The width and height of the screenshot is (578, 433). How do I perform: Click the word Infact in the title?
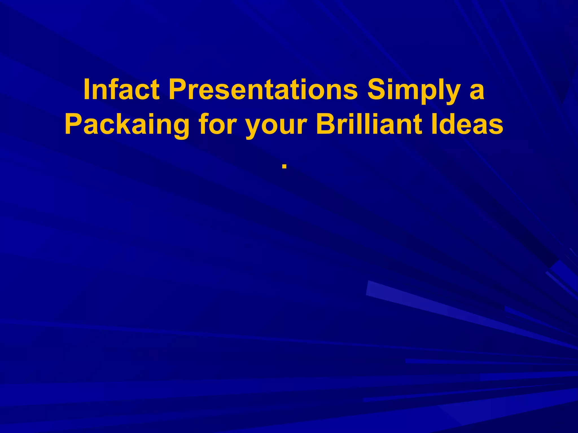[121, 90]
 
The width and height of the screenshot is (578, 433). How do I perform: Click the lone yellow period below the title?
[284, 167]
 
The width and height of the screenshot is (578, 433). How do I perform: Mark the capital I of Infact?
[87, 90]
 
